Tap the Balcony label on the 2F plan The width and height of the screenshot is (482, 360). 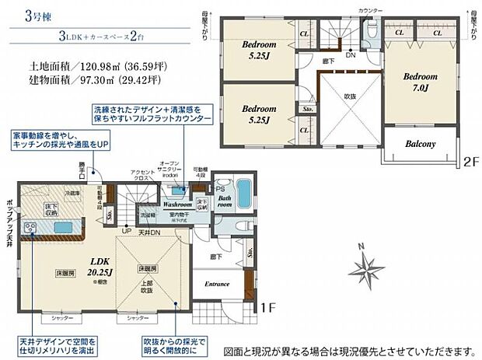click(419, 144)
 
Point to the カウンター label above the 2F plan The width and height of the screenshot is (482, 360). click(371, 10)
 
